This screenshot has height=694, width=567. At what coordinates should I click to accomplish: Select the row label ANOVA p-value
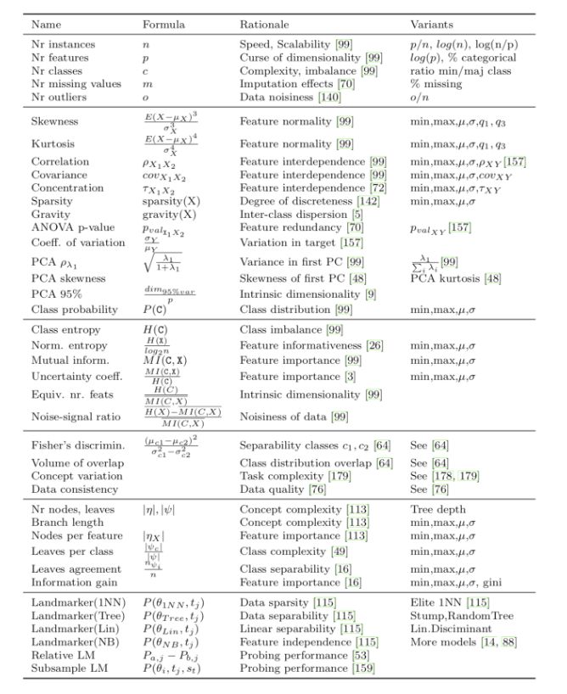68,227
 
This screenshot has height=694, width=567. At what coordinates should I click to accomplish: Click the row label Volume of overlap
77,462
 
